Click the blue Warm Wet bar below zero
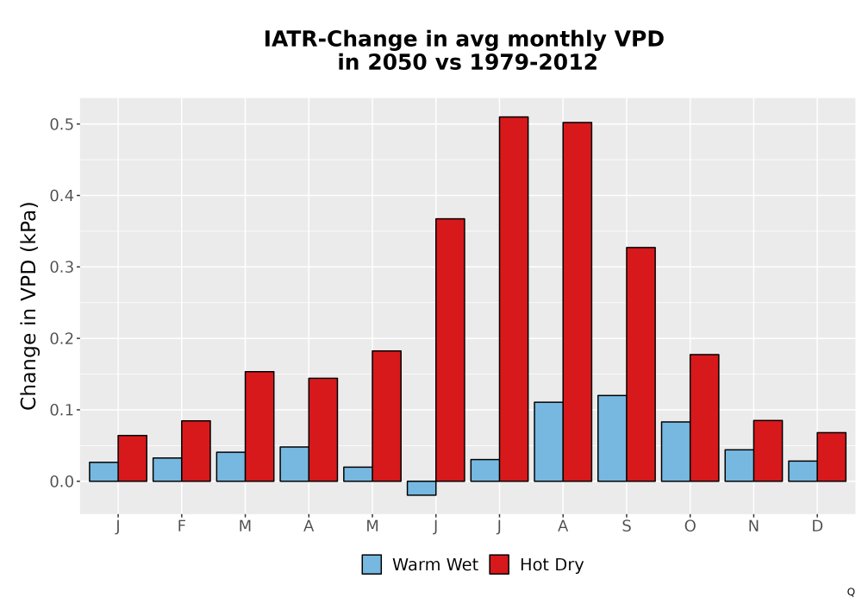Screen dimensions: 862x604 [x=422, y=488]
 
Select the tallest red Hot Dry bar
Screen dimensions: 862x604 [x=514, y=299]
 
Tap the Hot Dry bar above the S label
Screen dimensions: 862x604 [x=641, y=364]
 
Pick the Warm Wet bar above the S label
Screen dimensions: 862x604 [x=612, y=438]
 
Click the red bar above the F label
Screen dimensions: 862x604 [x=196, y=451]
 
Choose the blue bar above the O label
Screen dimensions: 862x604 [x=676, y=451]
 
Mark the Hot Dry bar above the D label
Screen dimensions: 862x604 [x=832, y=456]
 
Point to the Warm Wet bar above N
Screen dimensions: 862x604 [x=740, y=465]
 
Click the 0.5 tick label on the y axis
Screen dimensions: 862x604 [x=61, y=124]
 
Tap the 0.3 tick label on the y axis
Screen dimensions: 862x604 [x=61, y=267]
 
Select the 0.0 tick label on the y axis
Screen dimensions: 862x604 [x=61, y=481]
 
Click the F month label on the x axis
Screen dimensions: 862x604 [x=181, y=526]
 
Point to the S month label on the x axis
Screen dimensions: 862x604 [x=627, y=526]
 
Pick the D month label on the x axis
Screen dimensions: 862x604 [x=817, y=526]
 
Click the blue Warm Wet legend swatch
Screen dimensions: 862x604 [x=372, y=564]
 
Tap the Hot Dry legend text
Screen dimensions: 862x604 [x=552, y=565]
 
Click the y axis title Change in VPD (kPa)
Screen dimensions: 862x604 [x=28, y=306]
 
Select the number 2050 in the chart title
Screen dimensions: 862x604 [x=397, y=62]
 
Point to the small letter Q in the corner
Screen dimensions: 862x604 [x=851, y=593]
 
